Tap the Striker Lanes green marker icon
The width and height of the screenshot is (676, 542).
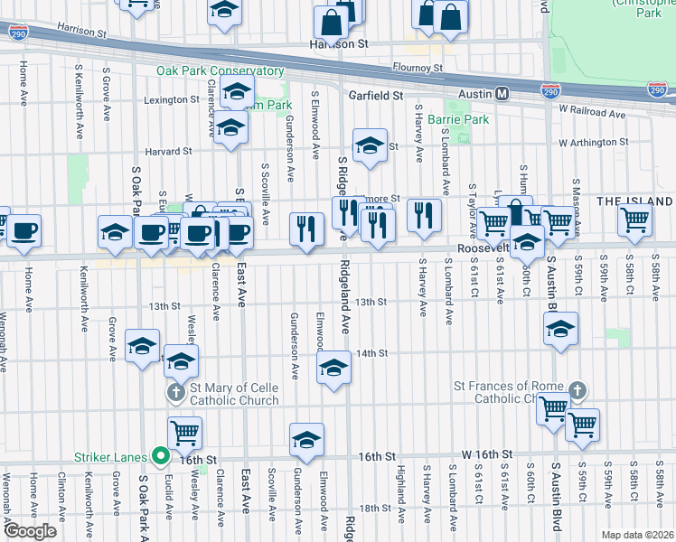(162, 456)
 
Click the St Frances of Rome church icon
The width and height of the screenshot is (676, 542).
(577, 391)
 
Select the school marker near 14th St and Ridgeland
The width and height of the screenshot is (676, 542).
(333, 369)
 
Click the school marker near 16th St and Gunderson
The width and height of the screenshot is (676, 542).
(306, 439)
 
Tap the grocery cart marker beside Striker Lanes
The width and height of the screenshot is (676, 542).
(184, 433)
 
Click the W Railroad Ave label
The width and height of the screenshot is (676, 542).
(592, 110)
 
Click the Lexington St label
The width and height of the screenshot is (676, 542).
(170, 99)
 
